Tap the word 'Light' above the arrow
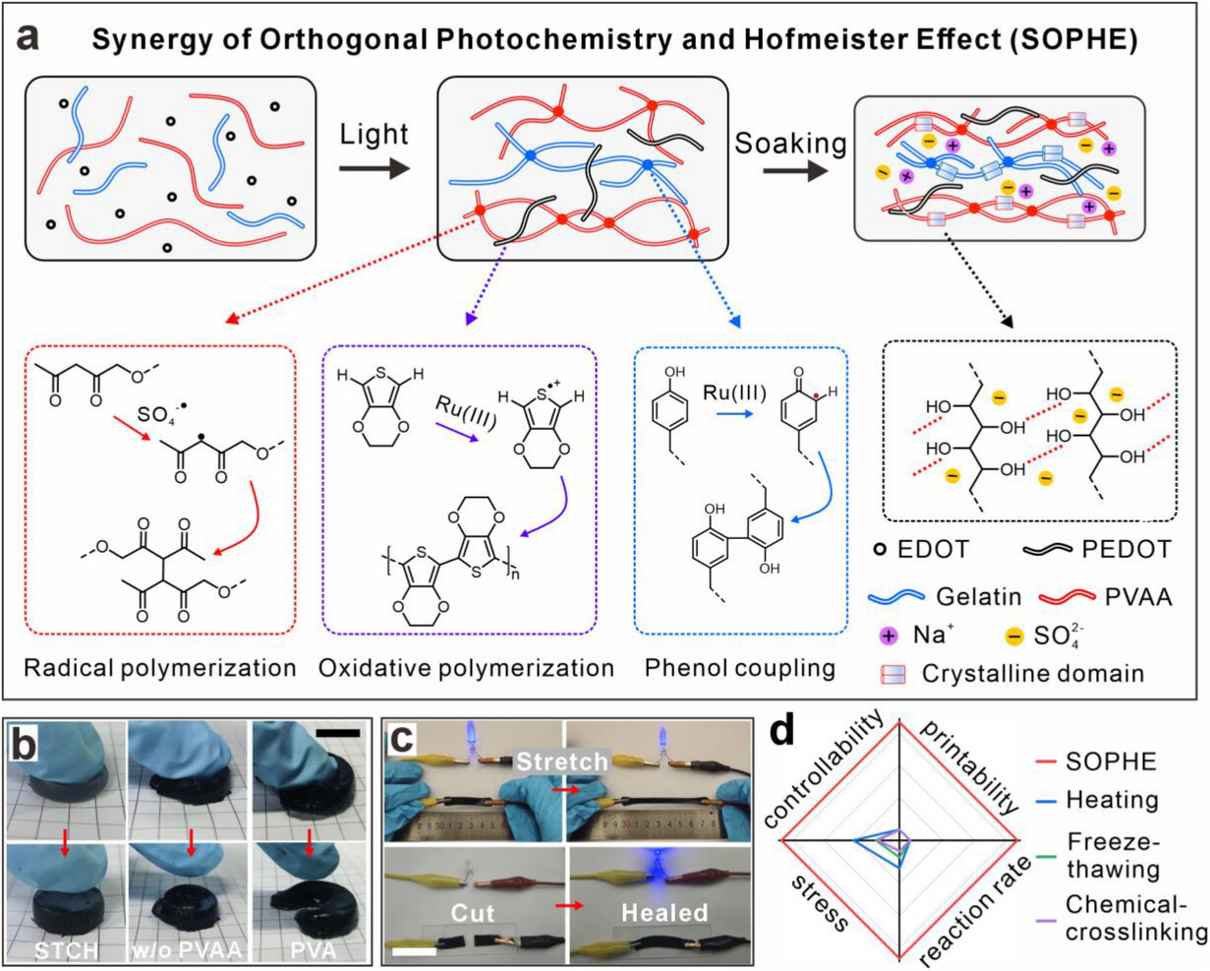click(375, 135)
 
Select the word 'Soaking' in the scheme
click(790, 144)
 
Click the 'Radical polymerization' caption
click(159, 668)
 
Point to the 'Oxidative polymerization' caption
click(466, 668)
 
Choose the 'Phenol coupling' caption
click(739, 668)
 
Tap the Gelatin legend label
click(987, 594)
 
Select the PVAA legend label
click(1139, 594)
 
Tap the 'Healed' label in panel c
click(661, 913)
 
